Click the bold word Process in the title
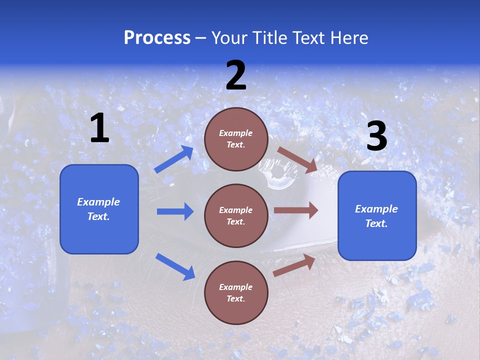coord(157,38)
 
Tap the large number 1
coord(99,128)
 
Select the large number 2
coord(236,76)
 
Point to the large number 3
coord(376,136)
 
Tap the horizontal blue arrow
coord(175,211)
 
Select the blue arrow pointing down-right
coord(175,266)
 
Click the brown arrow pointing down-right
coord(297,160)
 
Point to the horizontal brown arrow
coord(296,210)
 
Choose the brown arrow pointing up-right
coord(294,265)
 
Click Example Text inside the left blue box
coord(98,209)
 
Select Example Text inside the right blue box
coord(376,216)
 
